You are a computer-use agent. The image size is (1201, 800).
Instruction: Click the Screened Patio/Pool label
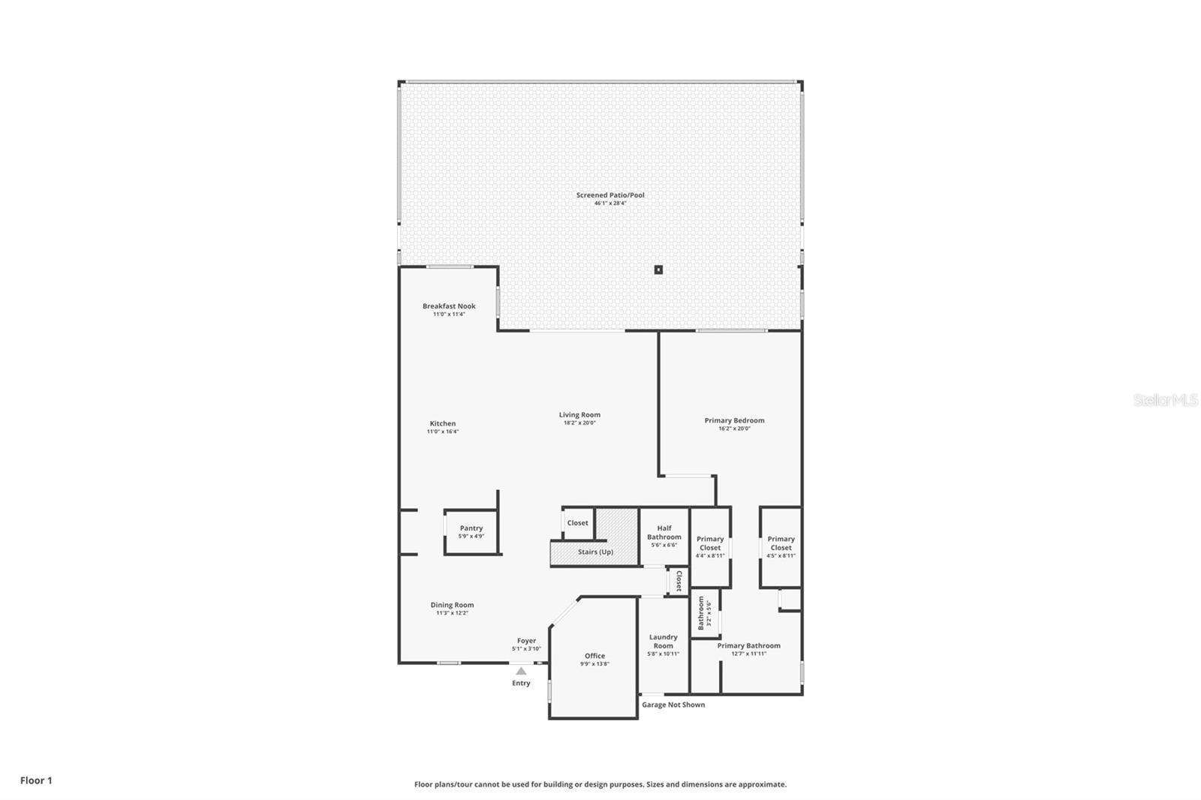coord(610,195)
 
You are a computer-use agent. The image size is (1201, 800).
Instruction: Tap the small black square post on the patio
coord(658,269)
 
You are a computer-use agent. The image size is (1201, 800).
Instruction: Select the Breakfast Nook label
coord(449,306)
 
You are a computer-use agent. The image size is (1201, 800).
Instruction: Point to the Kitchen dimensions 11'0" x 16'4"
coord(443,432)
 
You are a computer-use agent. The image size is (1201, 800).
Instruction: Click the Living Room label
coord(579,415)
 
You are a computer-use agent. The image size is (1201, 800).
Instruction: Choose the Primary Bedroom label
coord(734,420)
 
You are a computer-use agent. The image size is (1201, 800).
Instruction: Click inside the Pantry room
coord(471,532)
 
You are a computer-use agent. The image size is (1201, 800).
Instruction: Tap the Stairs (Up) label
coord(595,552)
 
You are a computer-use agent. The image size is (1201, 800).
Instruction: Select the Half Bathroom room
coord(664,536)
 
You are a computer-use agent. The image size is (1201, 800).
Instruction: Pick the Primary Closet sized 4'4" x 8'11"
coord(710,546)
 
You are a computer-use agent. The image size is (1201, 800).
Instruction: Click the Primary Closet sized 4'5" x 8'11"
coord(781,546)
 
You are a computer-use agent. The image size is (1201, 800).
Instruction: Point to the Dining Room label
coord(452,605)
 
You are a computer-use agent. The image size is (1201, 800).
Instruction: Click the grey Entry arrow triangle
coord(521,671)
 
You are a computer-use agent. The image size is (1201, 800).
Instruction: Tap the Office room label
coord(594,656)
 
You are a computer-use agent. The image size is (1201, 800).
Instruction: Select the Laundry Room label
coord(663,641)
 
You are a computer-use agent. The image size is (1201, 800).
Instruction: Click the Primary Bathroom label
coord(748,645)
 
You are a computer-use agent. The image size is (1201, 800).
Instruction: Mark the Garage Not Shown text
coord(673,705)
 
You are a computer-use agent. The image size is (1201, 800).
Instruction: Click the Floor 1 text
coord(36,780)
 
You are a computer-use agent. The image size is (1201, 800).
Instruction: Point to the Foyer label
coord(526,641)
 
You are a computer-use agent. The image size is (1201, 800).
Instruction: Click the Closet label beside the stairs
coord(577,523)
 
